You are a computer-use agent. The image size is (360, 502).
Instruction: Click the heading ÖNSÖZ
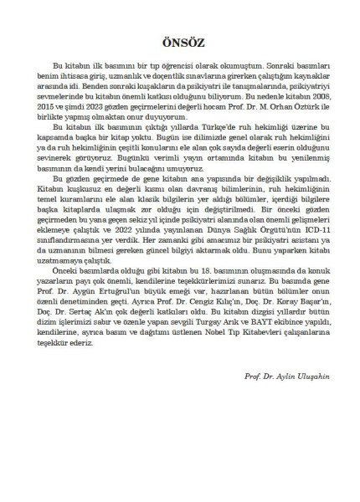click(x=179, y=43)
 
